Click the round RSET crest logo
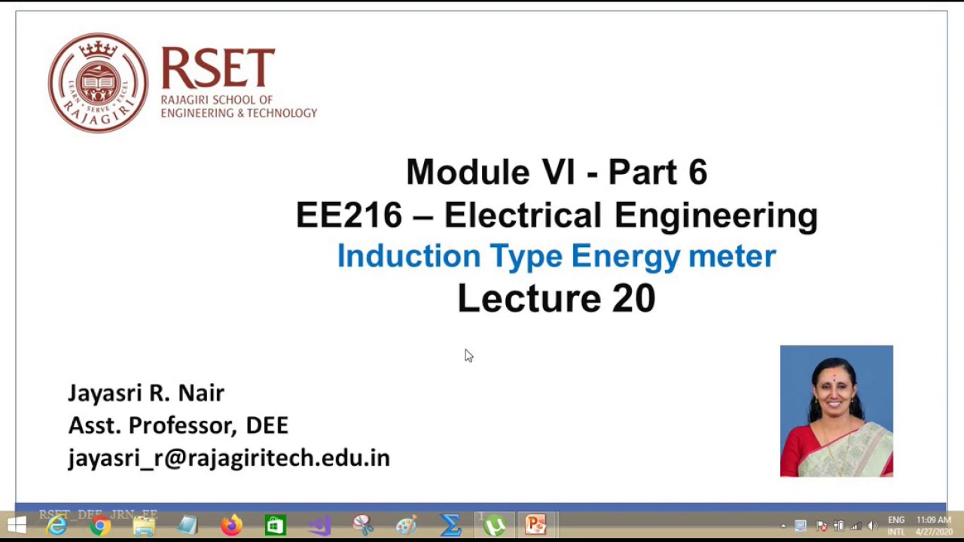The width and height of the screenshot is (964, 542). [x=98, y=83]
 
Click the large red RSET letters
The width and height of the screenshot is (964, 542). [x=218, y=69]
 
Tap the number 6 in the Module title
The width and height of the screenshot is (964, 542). [x=697, y=172]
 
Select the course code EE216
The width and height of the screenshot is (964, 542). [x=349, y=215]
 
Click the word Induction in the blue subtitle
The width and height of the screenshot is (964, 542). [x=408, y=256]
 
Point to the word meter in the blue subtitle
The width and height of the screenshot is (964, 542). [x=731, y=256]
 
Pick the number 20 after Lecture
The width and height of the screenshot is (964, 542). [x=633, y=298]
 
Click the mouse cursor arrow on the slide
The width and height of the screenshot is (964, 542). [x=468, y=355]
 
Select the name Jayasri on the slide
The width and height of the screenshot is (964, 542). [x=105, y=393]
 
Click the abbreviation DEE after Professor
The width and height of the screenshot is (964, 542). [x=267, y=425]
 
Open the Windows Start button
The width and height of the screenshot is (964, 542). [x=16, y=525]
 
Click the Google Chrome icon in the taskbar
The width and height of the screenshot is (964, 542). [x=99, y=525]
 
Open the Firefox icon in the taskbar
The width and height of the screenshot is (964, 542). [x=231, y=525]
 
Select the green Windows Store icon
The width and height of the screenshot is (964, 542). [x=275, y=525]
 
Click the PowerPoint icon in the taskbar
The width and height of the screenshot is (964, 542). [x=535, y=525]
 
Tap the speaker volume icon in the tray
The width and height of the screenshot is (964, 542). [x=872, y=525]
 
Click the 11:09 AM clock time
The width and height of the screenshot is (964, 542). [x=933, y=520]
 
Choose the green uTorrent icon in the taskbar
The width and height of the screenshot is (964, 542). [x=494, y=525]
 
